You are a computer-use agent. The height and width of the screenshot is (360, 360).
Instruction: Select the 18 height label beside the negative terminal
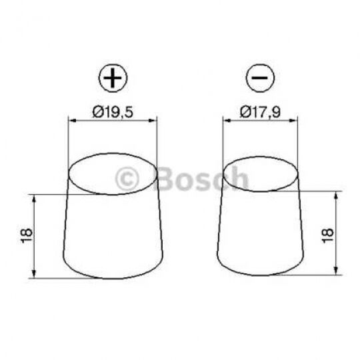pos(327,235)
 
